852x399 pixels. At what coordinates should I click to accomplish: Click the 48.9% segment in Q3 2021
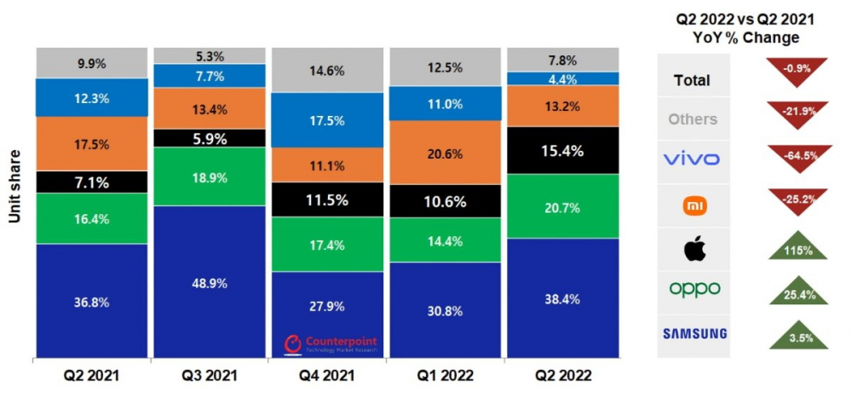coord(209,282)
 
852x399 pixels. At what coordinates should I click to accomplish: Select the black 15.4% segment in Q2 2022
coord(563,150)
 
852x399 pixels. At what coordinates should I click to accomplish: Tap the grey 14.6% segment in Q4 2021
coord(327,72)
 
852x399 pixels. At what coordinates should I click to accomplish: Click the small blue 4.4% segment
coord(563,78)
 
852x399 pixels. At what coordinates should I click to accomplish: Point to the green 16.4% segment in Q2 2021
coord(91,219)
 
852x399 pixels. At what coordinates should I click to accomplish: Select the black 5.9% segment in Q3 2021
coord(209,137)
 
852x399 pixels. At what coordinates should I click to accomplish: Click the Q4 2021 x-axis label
coord(327,375)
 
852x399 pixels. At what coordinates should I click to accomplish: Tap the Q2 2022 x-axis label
coord(563,375)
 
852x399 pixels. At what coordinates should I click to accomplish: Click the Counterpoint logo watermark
coord(331,344)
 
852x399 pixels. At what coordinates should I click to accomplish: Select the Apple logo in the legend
coord(694,250)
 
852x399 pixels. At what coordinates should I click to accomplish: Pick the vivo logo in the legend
coord(693,159)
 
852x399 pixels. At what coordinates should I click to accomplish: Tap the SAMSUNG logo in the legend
coord(694,333)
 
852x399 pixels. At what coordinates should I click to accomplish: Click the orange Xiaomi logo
coord(694,205)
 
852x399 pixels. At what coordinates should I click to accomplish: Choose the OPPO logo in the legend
coord(694,289)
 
